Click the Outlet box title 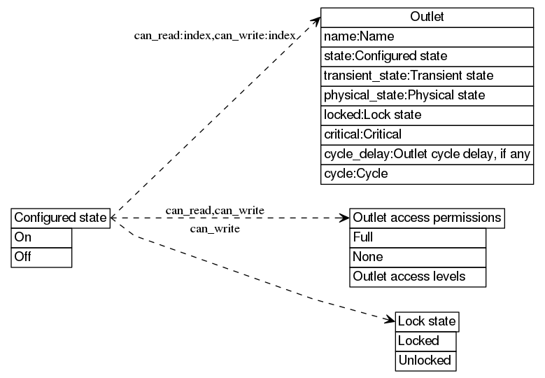point(427,17)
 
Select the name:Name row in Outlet point(427,36)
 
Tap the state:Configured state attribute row point(427,56)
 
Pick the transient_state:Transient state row point(427,76)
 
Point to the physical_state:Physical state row point(427,95)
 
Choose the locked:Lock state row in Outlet point(427,115)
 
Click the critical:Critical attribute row point(427,134)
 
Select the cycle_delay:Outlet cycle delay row point(427,154)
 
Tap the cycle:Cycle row point(427,174)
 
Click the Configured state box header point(61,218)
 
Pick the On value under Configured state point(41,237)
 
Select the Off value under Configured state point(41,257)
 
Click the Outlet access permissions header point(427,218)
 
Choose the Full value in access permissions point(418,237)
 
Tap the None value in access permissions point(418,257)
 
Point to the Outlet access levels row point(418,276)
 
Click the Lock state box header point(427,322)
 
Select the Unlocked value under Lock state point(425,361)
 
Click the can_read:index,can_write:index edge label point(214,35)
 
